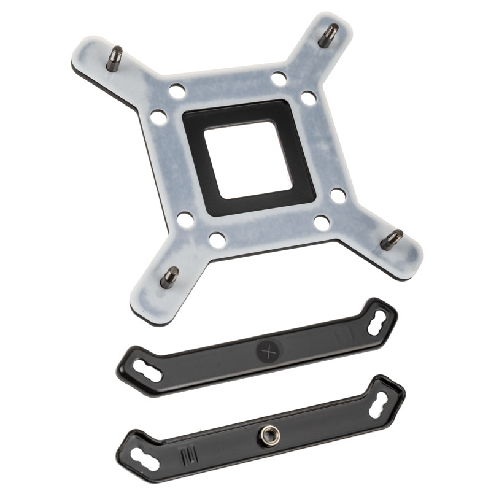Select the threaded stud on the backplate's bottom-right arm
pos(392,239)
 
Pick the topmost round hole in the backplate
pos(279,79)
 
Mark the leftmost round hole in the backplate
pos(158,116)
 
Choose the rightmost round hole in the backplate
pos(338,196)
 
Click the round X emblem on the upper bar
pos(268,352)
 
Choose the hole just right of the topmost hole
pos(307,97)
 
